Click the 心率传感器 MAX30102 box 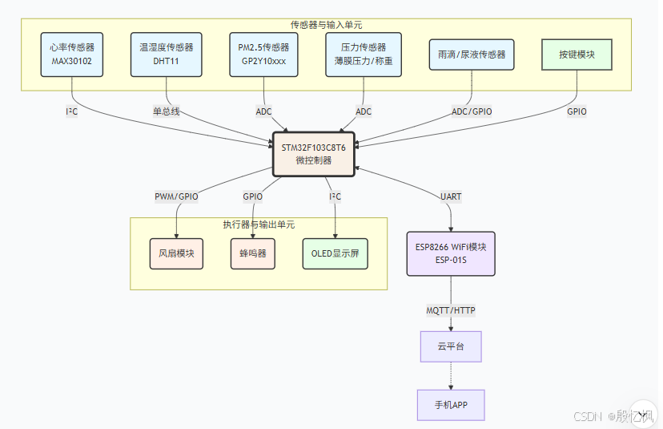coord(73,54)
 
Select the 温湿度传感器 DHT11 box coord(166,54)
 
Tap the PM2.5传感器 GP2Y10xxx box coord(263,54)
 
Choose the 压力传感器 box coord(364,54)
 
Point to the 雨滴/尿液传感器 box coord(472,55)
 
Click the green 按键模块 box coord(577,55)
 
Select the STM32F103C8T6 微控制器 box coord(313,153)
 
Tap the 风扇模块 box coord(176,253)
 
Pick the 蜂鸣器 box coord(252,253)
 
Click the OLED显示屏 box coord(335,253)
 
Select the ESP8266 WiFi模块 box coord(451,253)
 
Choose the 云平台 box coord(451,346)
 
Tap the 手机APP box coord(451,405)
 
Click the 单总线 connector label coord(167,111)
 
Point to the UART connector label coord(451,196)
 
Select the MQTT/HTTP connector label coord(451,310)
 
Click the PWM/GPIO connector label coord(176,196)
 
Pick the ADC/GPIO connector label coord(472,111)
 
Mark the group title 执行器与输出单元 coord(258,224)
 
